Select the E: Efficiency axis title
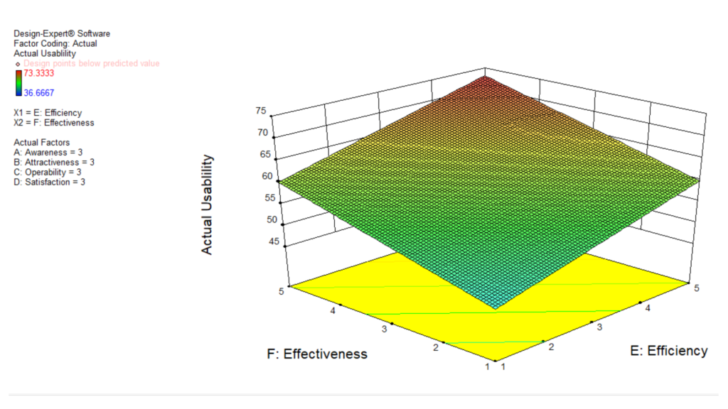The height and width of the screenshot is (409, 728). click(x=669, y=350)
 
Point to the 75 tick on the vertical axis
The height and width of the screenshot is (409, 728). click(x=261, y=111)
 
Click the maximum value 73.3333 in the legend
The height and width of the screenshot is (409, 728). click(x=39, y=73)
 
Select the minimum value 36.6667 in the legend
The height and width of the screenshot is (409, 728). click(x=39, y=92)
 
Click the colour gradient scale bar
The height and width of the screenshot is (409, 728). click(x=18, y=82)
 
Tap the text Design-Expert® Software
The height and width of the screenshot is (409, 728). click(x=62, y=33)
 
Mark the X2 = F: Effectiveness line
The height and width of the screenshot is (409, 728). click(x=54, y=123)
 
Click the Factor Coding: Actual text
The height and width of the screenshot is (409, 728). click(x=55, y=43)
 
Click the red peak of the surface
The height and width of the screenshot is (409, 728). click(x=486, y=80)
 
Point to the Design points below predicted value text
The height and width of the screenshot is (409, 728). click(x=91, y=63)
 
